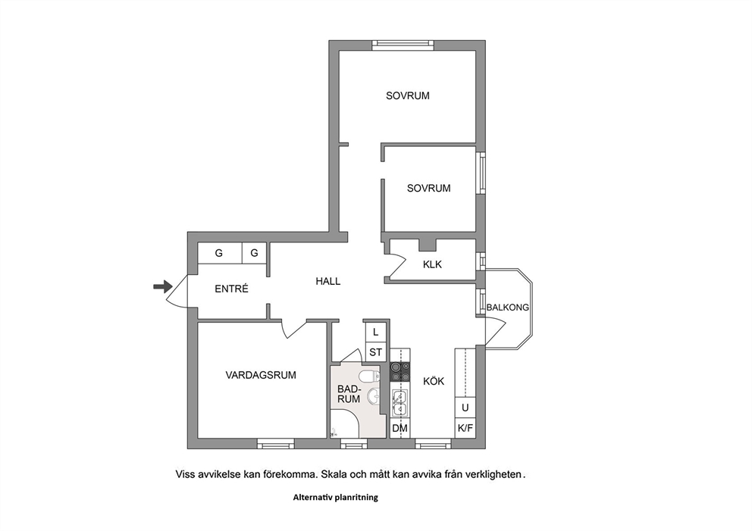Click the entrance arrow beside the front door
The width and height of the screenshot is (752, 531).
[x=162, y=286]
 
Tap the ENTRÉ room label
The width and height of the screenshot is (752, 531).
[x=231, y=289]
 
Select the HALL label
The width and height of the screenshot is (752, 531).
[x=328, y=281]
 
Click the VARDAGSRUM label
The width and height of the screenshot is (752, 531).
[x=261, y=375]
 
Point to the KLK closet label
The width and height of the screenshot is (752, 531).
[x=432, y=264]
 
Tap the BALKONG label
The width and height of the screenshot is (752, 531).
[x=507, y=308]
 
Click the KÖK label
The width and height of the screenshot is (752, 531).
[x=434, y=381]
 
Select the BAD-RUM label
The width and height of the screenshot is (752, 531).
[x=349, y=393]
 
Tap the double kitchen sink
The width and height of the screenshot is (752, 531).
[x=399, y=402]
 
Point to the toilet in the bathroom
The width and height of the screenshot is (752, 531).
[x=370, y=376]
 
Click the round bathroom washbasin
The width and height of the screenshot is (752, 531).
[x=373, y=396]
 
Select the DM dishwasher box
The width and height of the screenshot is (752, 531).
[x=400, y=429]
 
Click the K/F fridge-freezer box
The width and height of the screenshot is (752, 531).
[x=465, y=429]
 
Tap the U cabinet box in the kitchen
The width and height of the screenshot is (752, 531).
[x=465, y=408]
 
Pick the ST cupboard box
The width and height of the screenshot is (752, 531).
[x=375, y=352]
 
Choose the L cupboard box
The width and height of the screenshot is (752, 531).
[x=375, y=332]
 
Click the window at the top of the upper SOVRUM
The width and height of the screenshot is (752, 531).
[x=403, y=45]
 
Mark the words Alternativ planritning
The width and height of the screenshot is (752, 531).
[x=335, y=498]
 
